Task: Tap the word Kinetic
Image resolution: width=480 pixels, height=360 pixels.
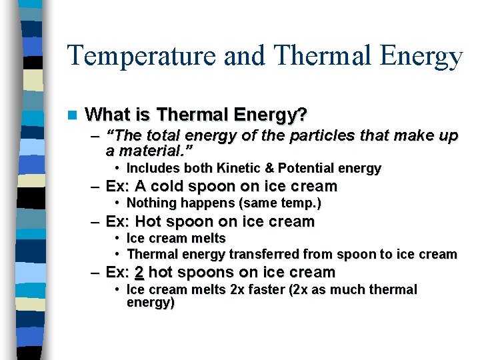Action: coord(227,168)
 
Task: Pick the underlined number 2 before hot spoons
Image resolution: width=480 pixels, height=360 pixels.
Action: coord(139,273)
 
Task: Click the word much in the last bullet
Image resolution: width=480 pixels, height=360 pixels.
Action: coord(357,290)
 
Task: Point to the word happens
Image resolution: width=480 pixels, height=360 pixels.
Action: coord(200,203)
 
